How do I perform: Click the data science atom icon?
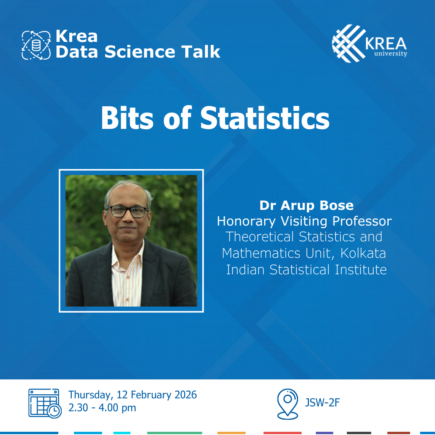(36, 45)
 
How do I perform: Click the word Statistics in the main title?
(265, 119)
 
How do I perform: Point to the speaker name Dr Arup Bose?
(306, 205)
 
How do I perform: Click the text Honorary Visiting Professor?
(304, 221)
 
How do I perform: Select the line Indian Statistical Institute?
(306, 269)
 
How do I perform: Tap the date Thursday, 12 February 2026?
(133, 395)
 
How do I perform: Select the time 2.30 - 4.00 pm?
(102, 408)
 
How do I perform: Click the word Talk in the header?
(200, 52)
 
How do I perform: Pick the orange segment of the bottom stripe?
(231, 433)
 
